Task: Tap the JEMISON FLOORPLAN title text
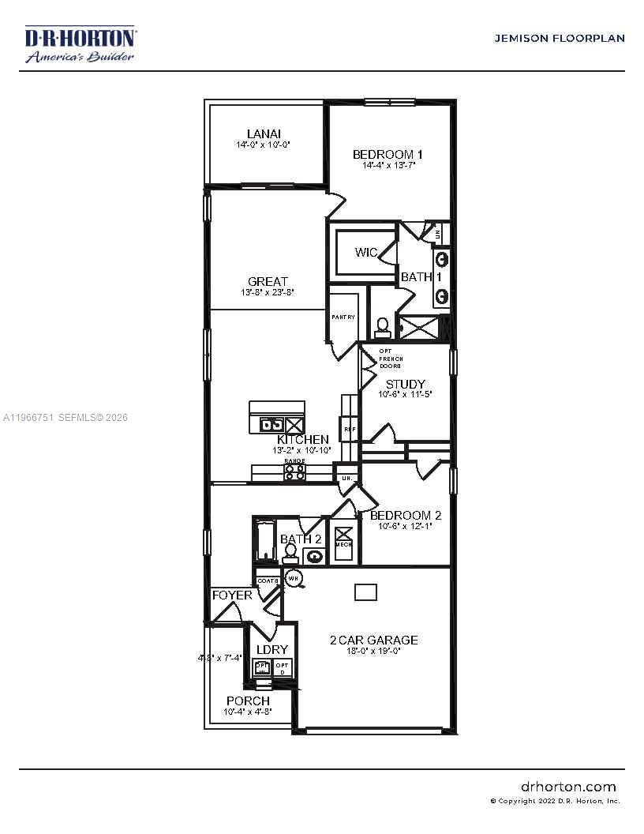point(559,38)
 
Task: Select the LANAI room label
point(263,134)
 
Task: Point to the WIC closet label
point(365,253)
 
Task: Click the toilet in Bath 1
point(382,326)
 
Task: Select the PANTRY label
point(343,317)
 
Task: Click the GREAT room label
point(268,281)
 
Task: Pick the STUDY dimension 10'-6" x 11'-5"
point(405,393)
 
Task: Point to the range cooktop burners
point(294,472)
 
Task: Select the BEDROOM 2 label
point(406,515)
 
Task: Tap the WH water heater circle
point(293,578)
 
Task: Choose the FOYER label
point(231,595)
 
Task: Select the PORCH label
point(248,701)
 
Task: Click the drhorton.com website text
point(568,787)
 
